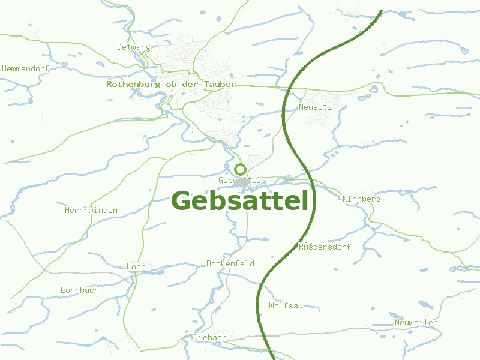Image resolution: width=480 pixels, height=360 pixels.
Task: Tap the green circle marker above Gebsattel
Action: pos(240,169)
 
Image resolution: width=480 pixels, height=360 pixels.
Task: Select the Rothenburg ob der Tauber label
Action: pos(170,85)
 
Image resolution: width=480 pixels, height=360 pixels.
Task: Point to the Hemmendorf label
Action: pos(25,69)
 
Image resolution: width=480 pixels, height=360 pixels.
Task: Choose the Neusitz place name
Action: pos(315,107)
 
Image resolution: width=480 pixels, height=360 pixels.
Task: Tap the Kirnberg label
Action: pos(361,199)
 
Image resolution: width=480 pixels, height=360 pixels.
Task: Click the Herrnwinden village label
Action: pos(91,211)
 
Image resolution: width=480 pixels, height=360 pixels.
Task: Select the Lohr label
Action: pos(136,266)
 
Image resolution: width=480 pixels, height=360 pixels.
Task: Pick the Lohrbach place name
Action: pos(79,290)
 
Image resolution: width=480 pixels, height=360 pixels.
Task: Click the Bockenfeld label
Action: pos(230,264)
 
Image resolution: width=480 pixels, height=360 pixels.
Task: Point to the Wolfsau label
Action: pos(286,306)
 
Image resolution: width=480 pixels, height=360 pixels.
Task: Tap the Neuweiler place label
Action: pos(416,323)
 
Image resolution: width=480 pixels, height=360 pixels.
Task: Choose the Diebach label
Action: pos(209,338)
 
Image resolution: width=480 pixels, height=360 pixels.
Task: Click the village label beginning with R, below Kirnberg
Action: pos(325,247)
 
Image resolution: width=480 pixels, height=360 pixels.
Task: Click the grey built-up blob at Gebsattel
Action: pos(242,181)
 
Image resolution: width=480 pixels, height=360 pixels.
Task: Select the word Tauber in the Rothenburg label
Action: pos(219,85)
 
